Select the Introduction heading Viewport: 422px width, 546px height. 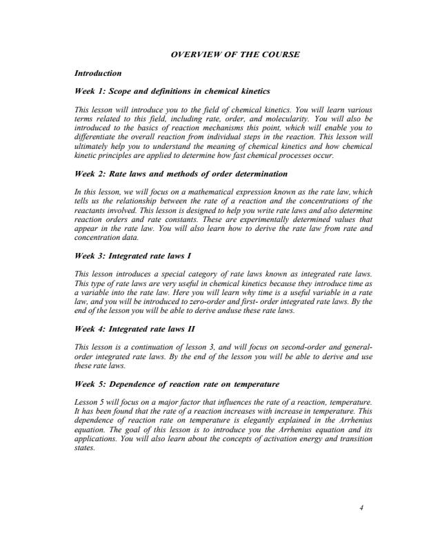pyautogui.click(x=99, y=72)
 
